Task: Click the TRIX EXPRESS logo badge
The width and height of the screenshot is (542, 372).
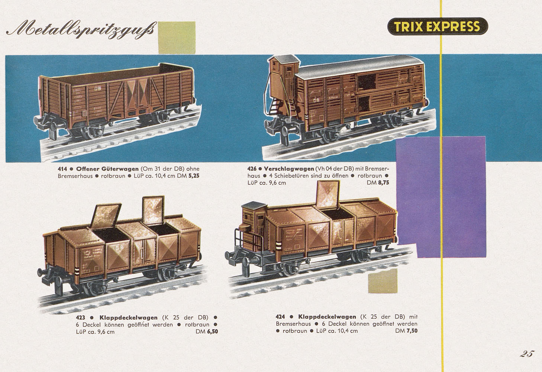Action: click(x=438, y=26)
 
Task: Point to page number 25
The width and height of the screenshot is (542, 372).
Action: click(x=527, y=353)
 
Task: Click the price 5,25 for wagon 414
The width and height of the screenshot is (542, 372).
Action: click(x=194, y=176)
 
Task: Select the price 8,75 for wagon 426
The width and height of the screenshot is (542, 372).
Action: click(x=382, y=183)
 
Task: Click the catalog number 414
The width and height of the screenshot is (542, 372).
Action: click(x=62, y=169)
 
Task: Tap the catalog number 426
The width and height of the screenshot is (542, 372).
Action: click(x=252, y=169)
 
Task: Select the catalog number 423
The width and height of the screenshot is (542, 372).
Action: click(x=80, y=318)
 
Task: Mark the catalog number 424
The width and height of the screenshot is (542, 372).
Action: click(x=280, y=317)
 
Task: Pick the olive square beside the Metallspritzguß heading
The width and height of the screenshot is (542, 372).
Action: click(x=177, y=37)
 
